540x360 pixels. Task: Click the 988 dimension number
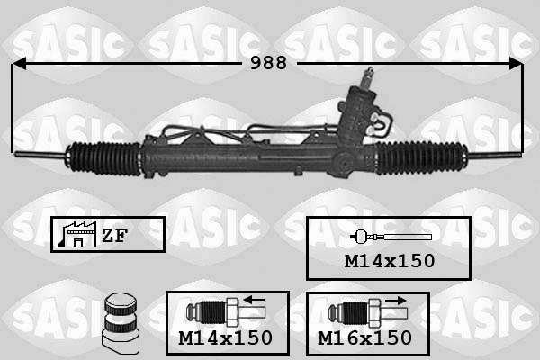pos(268,63)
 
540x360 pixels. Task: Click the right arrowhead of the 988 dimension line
pos(516,63)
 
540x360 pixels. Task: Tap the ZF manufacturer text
pos(113,236)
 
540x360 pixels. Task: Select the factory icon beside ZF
pos(74,235)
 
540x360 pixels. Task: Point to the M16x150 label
pos(364,337)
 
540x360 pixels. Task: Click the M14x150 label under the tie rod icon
pos(389,261)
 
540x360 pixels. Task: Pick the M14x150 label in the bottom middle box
pos(225,337)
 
